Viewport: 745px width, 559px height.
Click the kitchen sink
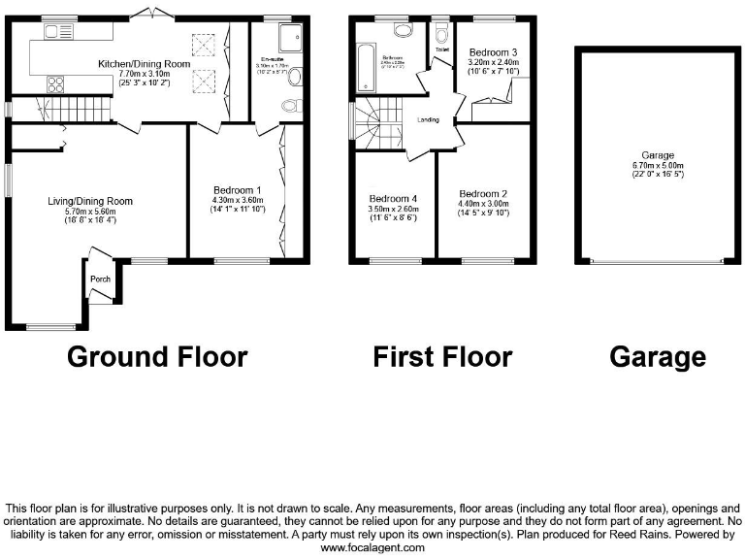pyautogui.click(x=59, y=31)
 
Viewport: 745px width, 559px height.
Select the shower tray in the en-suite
pyautogui.click(x=288, y=36)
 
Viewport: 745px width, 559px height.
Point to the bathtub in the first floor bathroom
pyautogui.click(x=364, y=68)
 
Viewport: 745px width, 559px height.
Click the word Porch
pyautogui.click(x=100, y=279)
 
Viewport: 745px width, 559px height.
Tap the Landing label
pyautogui.click(x=428, y=120)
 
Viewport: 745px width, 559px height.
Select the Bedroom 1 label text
pyautogui.click(x=237, y=189)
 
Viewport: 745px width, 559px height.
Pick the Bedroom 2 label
pyautogui.click(x=483, y=193)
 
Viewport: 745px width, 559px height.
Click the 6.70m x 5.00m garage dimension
pyautogui.click(x=658, y=164)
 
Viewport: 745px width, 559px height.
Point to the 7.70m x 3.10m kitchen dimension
pyautogui.click(x=144, y=74)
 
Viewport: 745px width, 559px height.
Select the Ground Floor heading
pyautogui.click(x=157, y=356)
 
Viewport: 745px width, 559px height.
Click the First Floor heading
pyautogui.click(x=442, y=356)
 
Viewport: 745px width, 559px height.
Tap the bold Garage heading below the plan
pyautogui.click(x=657, y=356)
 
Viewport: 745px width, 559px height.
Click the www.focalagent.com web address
pyautogui.click(x=372, y=547)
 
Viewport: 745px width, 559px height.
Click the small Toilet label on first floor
pyautogui.click(x=441, y=49)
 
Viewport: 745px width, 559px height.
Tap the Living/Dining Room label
pyautogui.click(x=90, y=201)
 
